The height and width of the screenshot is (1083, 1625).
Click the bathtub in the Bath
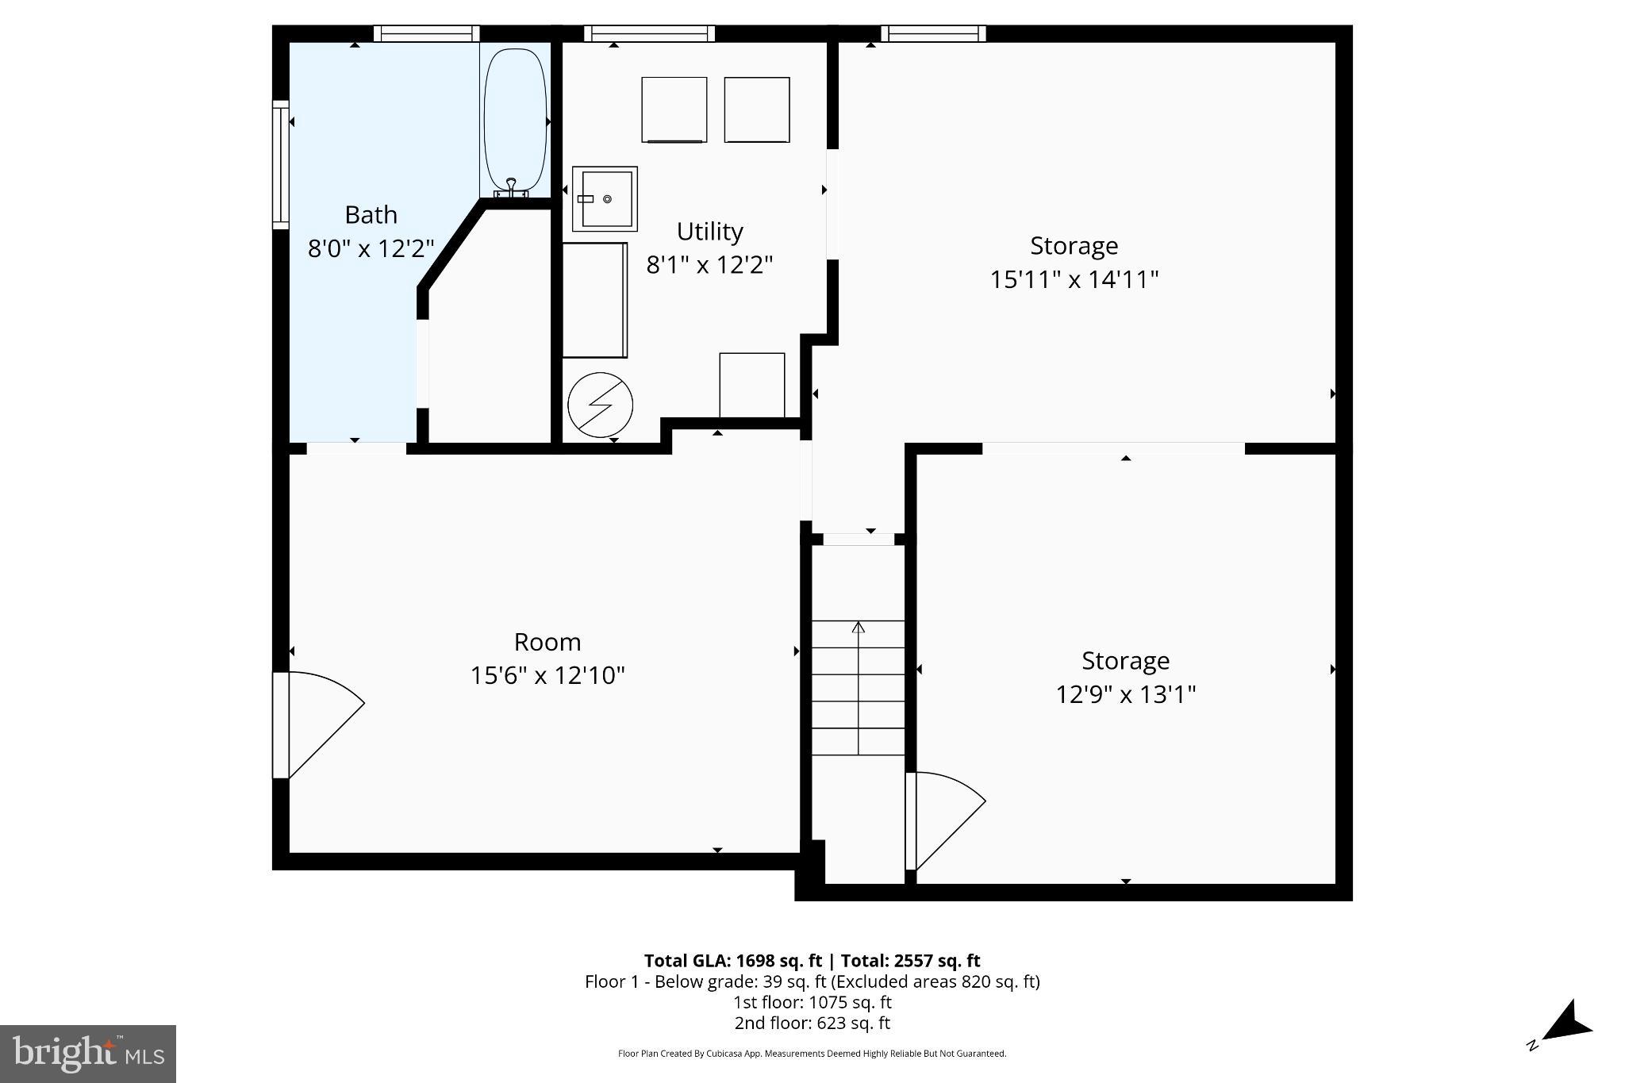coord(515,119)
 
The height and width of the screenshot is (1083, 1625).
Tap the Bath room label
coord(371,215)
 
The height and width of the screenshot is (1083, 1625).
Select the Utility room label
coord(709,232)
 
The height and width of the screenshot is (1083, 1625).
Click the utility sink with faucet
coord(605,198)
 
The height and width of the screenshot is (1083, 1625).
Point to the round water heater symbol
coord(600,405)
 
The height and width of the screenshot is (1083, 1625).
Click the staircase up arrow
coord(858,628)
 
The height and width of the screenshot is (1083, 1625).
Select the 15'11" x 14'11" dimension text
coord(1074,279)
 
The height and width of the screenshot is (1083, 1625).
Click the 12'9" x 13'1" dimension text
coord(1125,694)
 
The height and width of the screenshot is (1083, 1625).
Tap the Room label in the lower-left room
coord(547,641)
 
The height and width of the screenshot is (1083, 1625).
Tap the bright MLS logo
coord(88,1054)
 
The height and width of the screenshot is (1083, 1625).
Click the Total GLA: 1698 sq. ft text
coord(732,961)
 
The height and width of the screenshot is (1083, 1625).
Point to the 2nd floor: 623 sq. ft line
coord(812,1023)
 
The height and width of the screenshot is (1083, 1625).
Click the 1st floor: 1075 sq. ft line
coord(812,1002)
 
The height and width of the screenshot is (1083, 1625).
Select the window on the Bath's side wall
coord(280,164)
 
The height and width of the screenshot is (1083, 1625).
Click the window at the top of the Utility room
coord(649,33)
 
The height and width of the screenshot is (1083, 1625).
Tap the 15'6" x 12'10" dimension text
coord(547,675)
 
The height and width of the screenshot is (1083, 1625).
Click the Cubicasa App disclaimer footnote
coord(812,1054)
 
